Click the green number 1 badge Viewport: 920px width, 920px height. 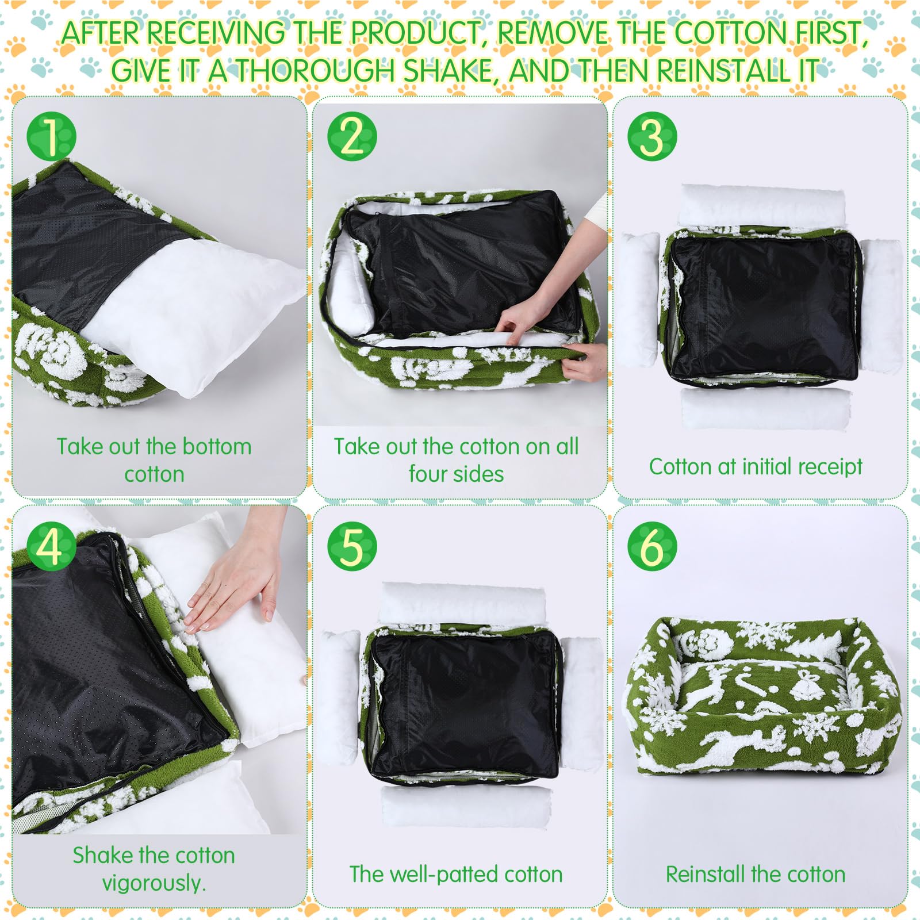click(x=51, y=137)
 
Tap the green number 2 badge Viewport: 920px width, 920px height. click(x=352, y=137)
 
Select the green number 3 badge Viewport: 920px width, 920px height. click(x=652, y=137)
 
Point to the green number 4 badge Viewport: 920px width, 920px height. click(x=51, y=546)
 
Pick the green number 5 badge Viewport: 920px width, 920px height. click(x=352, y=546)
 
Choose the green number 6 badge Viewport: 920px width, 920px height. click(x=652, y=546)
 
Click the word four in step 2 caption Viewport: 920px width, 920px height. click(x=427, y=474)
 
